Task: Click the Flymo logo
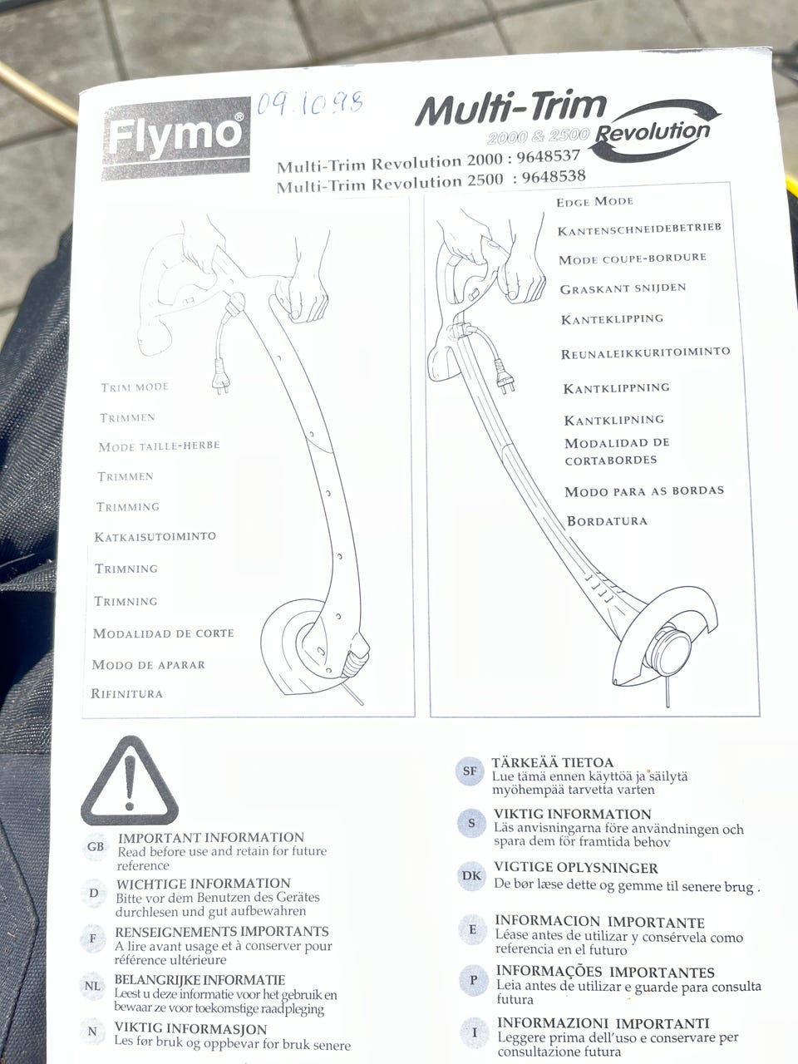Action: (x=176, y=138)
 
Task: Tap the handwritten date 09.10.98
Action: (x=310, y=103)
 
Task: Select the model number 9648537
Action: (x=548, y=156)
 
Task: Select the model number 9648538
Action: (x=554, y=176)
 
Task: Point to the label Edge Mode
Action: (x=594, y=202)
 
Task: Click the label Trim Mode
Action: (x=135, y=387)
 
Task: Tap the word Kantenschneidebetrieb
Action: (x=639, y=229)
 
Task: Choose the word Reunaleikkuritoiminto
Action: (x=645, y=352)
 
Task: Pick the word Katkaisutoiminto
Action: (x=155, y=536)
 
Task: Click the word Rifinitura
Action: (x=127, y=693)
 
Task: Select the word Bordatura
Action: (x=607, y=521)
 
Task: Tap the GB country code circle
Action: (x=96, y=846)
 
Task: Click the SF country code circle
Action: (x=470, y=771)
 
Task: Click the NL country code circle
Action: (x=92, y=986)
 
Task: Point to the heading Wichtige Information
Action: (x=203, y=883)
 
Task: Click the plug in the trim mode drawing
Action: (x=221, y=380)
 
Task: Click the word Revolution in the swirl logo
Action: (x=653, y=132)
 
